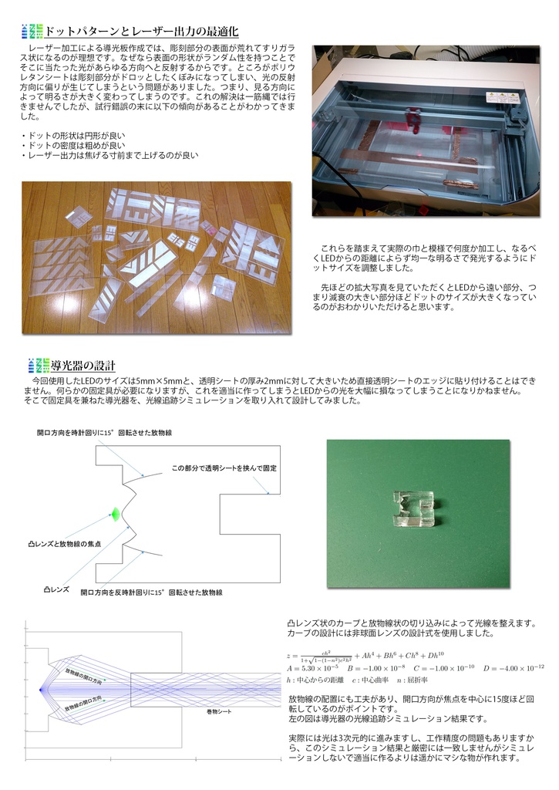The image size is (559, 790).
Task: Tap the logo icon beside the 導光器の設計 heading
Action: (37, 365)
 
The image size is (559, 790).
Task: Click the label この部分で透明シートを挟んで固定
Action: (224, 468)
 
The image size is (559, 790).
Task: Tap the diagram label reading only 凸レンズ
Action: (56, 589)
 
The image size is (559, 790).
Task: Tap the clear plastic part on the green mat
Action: (413, 510)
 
